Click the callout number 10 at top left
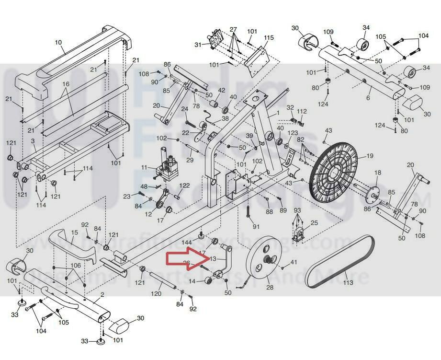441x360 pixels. coord(58,43)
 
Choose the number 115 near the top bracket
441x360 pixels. coord(269,38)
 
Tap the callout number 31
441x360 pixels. coord(198,45)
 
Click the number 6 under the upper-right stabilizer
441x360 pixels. coord(368,98)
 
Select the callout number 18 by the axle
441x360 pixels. coord(378,173)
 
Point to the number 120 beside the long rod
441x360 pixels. coord(145,167)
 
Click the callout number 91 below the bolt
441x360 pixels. coord(256,226)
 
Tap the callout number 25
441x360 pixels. coord(314,223)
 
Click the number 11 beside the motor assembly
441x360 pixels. coord(145,167)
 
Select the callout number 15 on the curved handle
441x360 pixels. coord(74,233)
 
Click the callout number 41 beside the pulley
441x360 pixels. coord(294,262)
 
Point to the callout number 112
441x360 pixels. coord(301,112)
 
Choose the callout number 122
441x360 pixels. coord(185,186)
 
